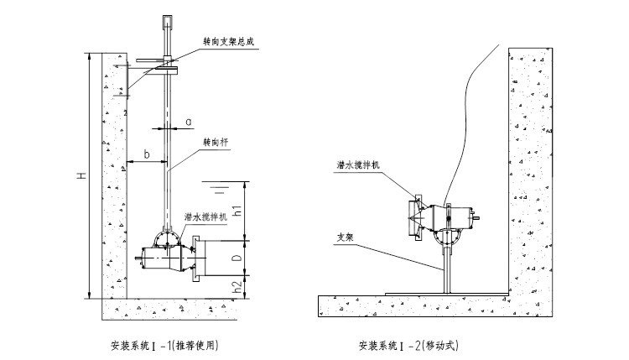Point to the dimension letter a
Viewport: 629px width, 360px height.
(x=188, y=122)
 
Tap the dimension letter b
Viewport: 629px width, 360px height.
(x=147, y=154)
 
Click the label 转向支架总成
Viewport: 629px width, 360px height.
(x=237, y=39)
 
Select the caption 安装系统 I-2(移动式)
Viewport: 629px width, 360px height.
(x=409, y=344)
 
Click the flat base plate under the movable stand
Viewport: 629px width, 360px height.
(x=444, y=293)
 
